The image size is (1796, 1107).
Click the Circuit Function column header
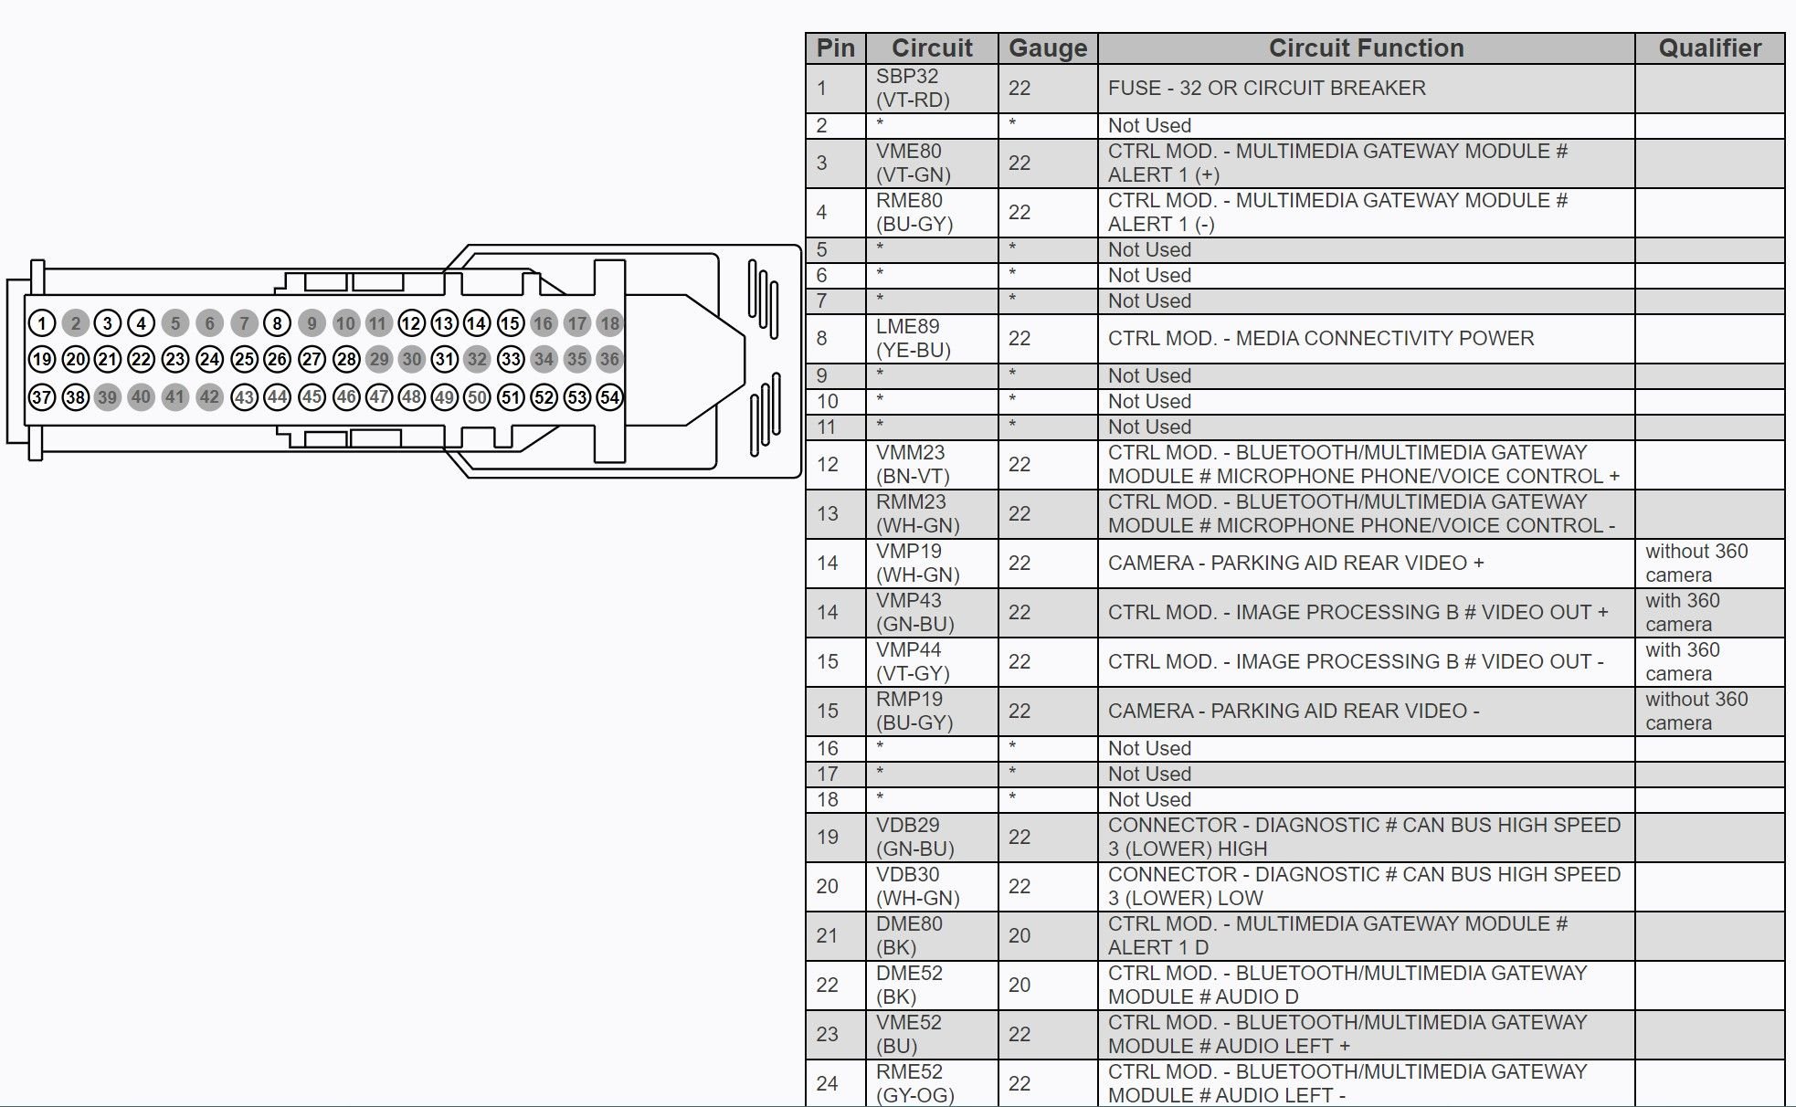1366,48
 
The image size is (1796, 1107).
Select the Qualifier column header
1709,48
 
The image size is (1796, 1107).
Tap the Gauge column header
1048,48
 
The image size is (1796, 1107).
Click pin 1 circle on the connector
42,322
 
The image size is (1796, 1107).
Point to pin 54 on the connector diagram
610,397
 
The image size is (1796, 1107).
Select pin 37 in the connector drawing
42,397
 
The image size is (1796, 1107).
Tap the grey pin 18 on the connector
610,322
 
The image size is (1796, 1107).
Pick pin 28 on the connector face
346,359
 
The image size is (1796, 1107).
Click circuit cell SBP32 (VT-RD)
914,89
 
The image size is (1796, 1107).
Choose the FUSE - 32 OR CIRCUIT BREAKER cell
1266,89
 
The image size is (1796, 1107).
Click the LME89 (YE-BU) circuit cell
914,339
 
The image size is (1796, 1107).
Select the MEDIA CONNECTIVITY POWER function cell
1321,339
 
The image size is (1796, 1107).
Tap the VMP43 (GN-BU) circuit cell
915,613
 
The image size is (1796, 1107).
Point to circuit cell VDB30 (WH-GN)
918,887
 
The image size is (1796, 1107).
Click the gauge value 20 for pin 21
1019,936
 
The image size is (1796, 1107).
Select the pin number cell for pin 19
828,838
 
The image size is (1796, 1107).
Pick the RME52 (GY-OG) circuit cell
915,1083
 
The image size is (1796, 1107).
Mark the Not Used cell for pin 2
1149,126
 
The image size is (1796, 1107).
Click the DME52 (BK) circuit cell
910,986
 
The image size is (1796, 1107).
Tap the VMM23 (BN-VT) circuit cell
914,465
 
